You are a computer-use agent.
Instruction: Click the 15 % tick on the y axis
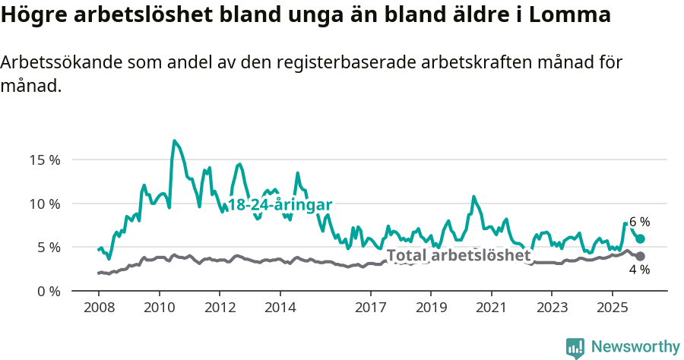[45, 160]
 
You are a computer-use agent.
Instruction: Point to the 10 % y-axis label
[45, 204]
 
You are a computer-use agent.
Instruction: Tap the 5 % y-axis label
[48, 247]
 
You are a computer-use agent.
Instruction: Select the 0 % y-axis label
[48, 291]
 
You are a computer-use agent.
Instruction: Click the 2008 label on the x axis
[99, 308]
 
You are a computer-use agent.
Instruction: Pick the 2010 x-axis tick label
[159, 308]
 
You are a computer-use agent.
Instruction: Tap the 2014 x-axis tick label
[280, 308]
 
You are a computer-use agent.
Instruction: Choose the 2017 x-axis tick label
[370, 308]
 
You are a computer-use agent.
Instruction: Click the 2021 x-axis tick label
[491, 308]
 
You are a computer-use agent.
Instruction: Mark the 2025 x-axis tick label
[612, 308]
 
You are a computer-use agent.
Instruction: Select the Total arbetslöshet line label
[458, 256]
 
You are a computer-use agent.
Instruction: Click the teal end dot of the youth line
[641, 239]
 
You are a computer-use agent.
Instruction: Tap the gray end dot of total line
[641, 257]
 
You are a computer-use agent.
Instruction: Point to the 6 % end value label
[639, 223]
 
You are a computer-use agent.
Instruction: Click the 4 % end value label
[639, 270]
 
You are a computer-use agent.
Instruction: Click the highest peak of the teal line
[175, 141]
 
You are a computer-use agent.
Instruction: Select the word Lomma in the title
[571, 15]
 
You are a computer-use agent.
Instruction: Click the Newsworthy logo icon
[575, 348]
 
